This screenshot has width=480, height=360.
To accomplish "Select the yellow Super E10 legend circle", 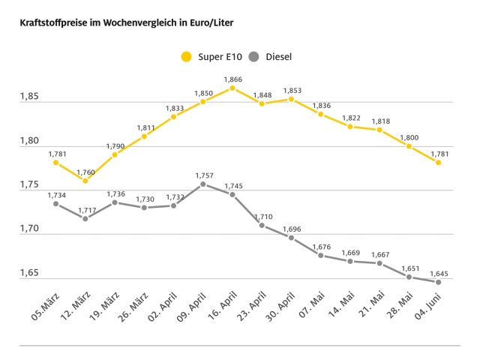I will [186, 56].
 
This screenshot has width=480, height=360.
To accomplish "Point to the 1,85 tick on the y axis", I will [30, 97].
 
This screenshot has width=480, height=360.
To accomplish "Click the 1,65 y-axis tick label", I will [30, 274].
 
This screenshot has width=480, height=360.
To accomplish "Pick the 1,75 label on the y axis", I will [30, 185].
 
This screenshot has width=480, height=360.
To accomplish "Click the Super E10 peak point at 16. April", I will [232, 88].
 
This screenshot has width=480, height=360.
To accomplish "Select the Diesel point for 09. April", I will [203, 184].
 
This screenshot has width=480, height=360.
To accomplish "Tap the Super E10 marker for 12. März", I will [85, 181].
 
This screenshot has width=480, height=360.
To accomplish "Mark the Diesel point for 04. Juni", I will [438, 282].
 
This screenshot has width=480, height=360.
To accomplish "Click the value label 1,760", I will [85, 171].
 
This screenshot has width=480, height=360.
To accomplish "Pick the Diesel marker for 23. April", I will [262, 225].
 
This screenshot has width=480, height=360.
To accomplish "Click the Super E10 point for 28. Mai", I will [409, 146].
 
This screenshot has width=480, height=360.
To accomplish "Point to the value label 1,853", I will [291, 90].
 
